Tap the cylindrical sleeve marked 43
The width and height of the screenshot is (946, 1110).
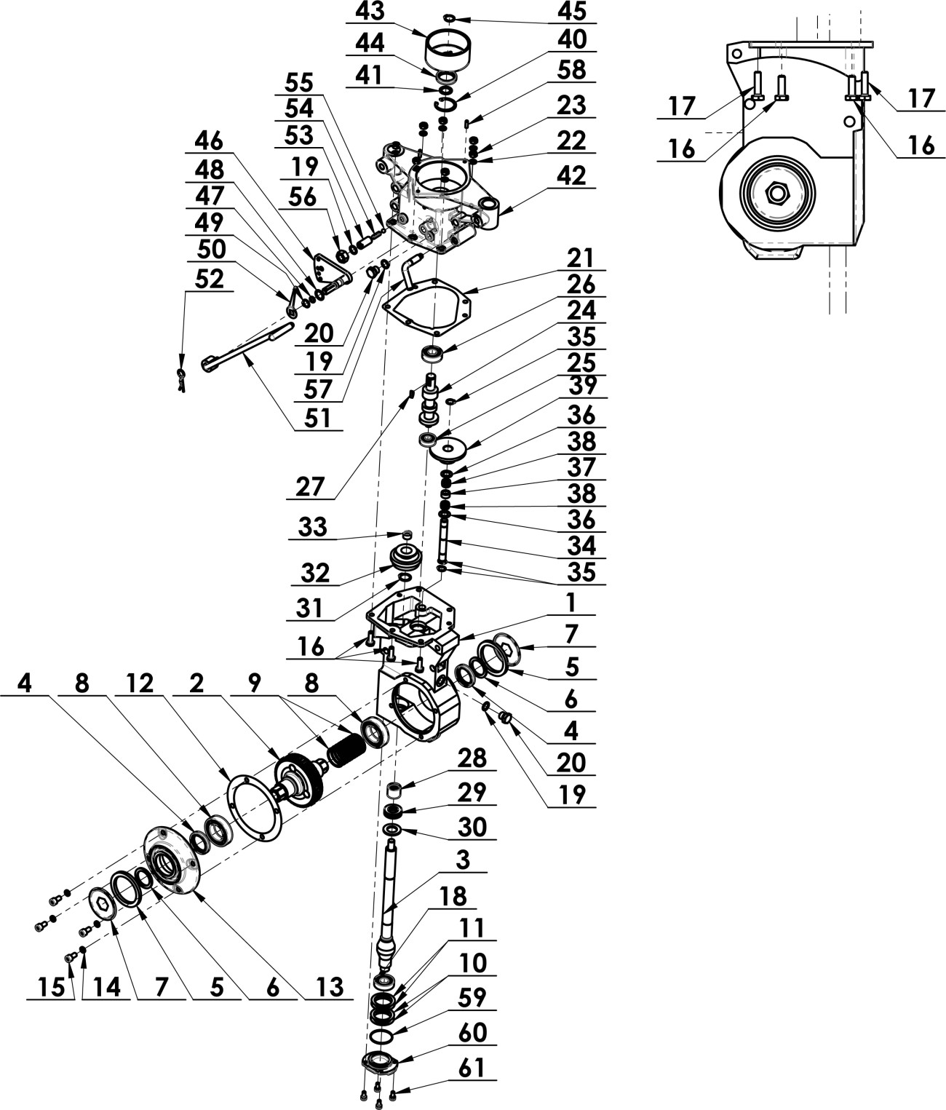pyautogui.click(x=447, y=49)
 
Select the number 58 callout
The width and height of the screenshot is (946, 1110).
pyautogui.click(x=571, y=71)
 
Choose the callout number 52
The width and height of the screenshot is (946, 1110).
pyautogui.click(x=209, y=280)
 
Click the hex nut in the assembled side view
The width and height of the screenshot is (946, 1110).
pyautogui.click(x=779, y=194)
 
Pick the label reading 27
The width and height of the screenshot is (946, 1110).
pyautogui.click(x=309, y=487)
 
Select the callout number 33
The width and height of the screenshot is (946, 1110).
pyautogui.click(x=313, y=527)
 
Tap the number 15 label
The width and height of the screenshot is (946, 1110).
pyautogui.click(x=49, y=987)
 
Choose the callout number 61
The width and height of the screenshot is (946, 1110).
pyautogui.click(x=471, y=1068)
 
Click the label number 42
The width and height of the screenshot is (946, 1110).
pyautogui.click(x=571, y=175)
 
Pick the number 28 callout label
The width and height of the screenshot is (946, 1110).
pyautogui.click(x=472, y=758)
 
